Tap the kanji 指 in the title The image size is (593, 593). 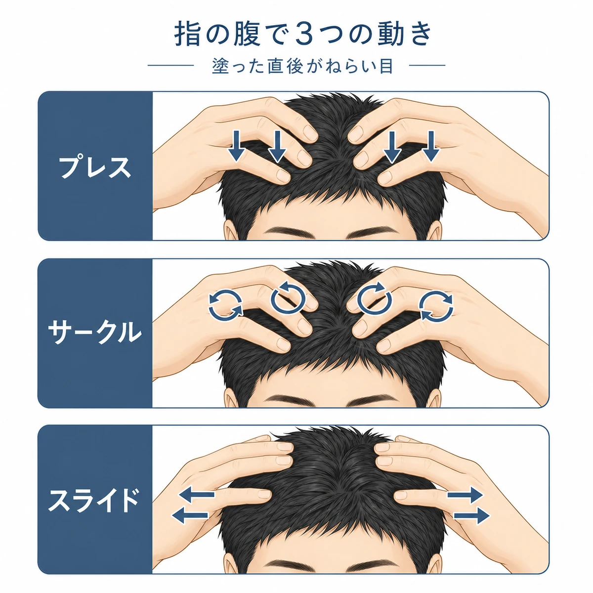187,35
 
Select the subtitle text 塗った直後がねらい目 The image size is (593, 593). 302,66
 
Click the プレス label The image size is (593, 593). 95,167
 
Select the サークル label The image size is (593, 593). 95,333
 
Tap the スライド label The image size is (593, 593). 94,500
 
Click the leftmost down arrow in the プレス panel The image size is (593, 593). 236,146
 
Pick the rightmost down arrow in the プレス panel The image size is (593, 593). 431,146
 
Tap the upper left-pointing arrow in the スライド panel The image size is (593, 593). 197,495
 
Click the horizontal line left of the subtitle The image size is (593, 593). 170,65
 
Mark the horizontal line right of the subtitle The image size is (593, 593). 427,65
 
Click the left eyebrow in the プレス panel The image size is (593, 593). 291,231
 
